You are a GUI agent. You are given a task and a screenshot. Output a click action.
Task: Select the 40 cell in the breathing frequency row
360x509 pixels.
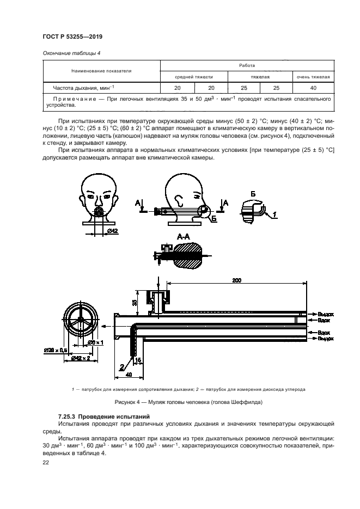pos(313,88)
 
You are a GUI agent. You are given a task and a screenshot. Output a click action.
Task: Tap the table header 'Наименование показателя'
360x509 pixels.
pos(101,71)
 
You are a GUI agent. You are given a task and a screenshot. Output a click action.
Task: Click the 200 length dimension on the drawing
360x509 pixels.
pos(236,280)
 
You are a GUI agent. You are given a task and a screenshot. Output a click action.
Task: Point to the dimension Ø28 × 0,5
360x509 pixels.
pos(56,351)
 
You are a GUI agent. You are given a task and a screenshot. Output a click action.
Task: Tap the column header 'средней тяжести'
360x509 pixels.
pos(193,77)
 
